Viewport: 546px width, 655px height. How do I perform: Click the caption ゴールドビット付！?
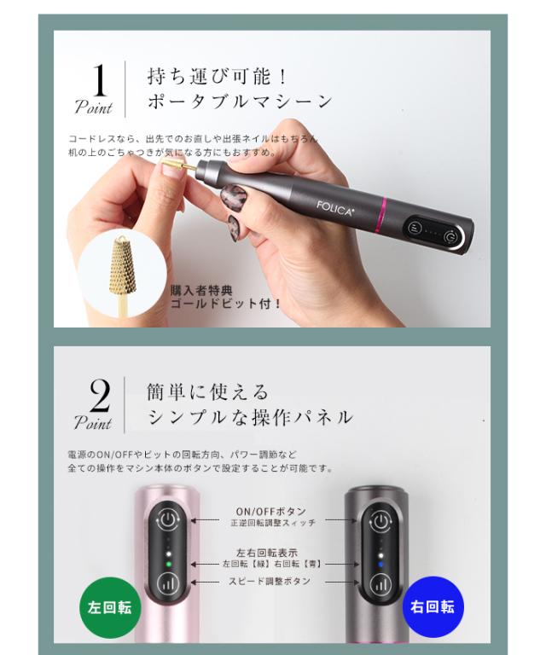coord(226,303)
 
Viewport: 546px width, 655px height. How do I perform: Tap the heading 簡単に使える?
coord(208,391)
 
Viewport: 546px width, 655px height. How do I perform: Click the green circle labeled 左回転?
coord(107,607)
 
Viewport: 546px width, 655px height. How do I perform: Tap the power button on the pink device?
coord(169,520)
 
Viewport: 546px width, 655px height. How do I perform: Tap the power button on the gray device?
coord(379,520)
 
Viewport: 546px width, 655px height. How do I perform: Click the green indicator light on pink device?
coord(169,565)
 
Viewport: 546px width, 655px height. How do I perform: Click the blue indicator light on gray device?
coord(379,565)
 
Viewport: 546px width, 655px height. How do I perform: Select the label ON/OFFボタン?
coord(270,512)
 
